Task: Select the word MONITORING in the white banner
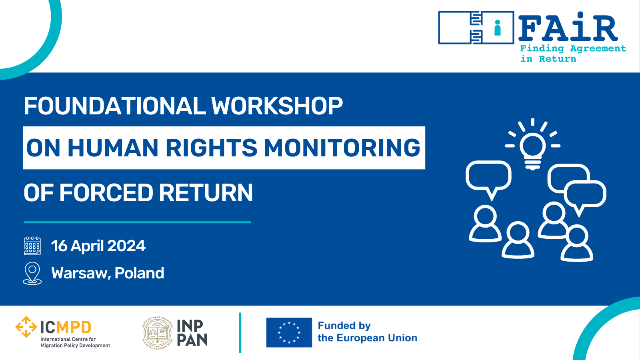tap(342, 148)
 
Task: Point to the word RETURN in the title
tap(206, 192)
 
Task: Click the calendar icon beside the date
tap(32, 246)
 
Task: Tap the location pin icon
tap(32, 273)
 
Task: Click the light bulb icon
tap(532, 144)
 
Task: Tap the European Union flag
tap(289, 332)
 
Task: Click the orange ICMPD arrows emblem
tap(26, 327)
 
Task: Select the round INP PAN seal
tap(158, 333)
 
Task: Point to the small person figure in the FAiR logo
tap(498, 28)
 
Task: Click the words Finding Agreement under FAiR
tap(573, 48)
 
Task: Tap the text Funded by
tap(344, 326)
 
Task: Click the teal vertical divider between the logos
tap(240, 332)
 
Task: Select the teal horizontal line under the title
tap(138, 222)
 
